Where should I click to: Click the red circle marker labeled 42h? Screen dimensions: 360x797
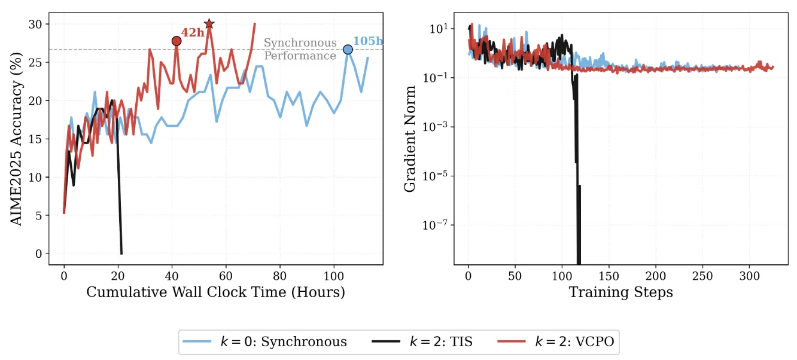pyautogui.click(x=177, y=41)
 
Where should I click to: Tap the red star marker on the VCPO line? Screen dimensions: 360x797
pyautogui.click(x=209, y=24)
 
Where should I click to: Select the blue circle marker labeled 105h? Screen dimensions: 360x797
pyautogui.click(x=348, y=50)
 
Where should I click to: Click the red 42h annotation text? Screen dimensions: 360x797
pyautogui.click(x=193, y=33)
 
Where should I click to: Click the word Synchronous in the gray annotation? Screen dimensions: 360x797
pyautogui.click(x=300, y=43)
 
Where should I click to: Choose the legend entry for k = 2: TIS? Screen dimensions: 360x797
pyautogui.click(x=426, y=341)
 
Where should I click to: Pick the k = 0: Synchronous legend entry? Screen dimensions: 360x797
pyautogui.click(x=267, y=341)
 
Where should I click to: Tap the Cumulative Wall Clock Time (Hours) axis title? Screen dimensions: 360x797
pyautogui.click(x=215, y=292)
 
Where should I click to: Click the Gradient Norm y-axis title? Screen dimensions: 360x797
pyautogui.click(x=410, y=139)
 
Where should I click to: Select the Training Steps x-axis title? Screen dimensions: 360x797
pyautogui.click(x=620, y=292)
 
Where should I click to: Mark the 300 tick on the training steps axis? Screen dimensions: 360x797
pyautogui.click(x=750, y=276)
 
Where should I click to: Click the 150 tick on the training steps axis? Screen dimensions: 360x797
pyautogui.click(x=609, y=276)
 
